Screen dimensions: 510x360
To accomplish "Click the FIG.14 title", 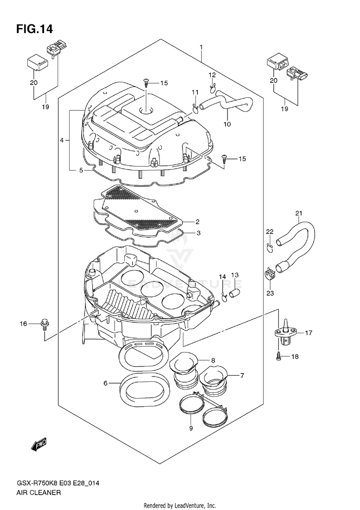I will tap(34, 29).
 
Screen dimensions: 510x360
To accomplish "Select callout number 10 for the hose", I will tap(227, 124).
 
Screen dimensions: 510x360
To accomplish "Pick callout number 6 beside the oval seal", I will tap(105, 383).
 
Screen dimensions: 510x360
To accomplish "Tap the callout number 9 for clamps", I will tap(191, 428).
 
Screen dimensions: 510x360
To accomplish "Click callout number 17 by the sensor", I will tap(308, 332).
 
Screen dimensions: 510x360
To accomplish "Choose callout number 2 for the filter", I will tap(197, 222).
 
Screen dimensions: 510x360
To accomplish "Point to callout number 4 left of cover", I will tap(62, 140).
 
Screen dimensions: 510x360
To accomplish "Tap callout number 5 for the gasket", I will tap(81, 170).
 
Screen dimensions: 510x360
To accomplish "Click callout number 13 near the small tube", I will tap(235, 275).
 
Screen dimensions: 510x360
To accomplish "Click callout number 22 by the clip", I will tap(270, 232).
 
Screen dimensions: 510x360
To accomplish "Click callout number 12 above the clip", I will tap(212, 75).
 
